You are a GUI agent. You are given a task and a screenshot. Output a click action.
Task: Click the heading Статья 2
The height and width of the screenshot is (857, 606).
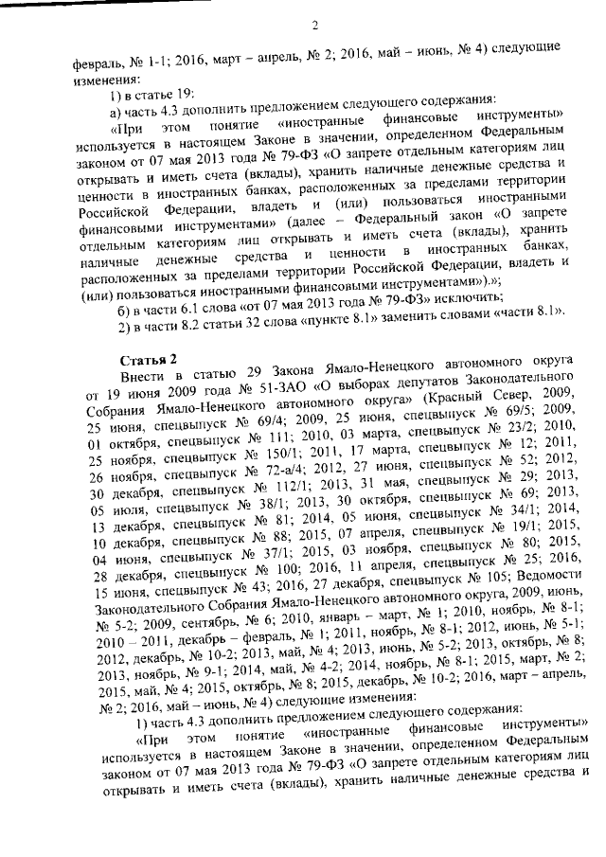click(148, 358)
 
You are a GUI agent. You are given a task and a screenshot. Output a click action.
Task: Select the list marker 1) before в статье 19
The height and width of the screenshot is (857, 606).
click(116, 93)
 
